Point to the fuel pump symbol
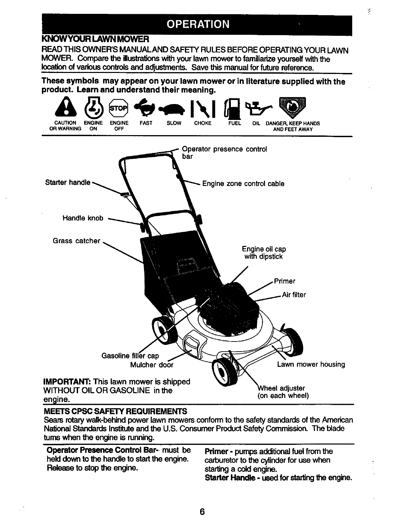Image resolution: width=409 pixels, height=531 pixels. [232, 108]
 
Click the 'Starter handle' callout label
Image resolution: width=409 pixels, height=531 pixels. [68, 183]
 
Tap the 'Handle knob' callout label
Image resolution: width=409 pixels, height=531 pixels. [83, 218]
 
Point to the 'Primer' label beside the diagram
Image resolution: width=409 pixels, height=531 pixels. [285, 281]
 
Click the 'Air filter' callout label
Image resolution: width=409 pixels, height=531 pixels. [294, 295]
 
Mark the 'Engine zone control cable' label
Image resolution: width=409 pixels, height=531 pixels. [243, 184]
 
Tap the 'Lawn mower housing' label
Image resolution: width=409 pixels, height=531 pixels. [311, 364]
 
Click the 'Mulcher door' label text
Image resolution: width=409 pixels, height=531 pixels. [152, 365]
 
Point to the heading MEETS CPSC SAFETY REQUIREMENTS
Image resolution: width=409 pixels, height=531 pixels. [115, 411]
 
